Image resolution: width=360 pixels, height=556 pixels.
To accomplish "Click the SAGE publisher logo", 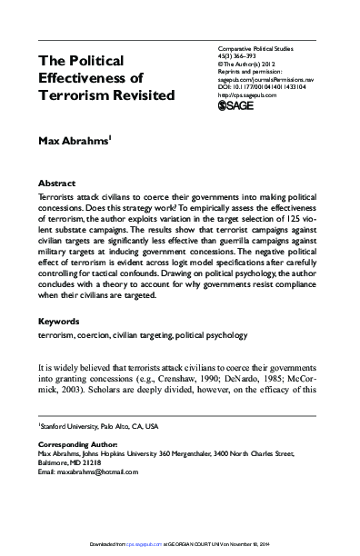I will click(240, 105).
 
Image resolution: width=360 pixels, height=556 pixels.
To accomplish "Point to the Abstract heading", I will click(57, 182).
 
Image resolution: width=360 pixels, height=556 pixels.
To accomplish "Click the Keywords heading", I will click(60, 321).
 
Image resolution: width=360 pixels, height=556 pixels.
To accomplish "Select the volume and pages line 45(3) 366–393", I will click(242, 53).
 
